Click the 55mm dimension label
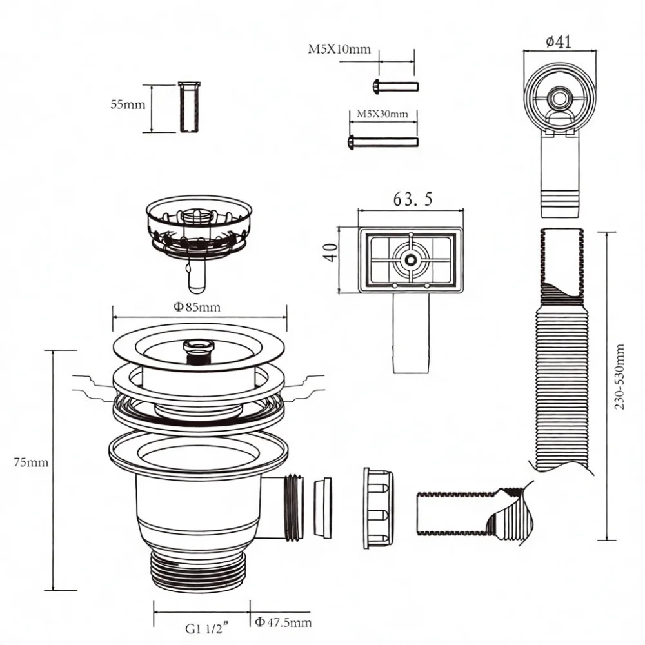(x=128, y=104)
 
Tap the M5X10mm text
(x=339, y=50)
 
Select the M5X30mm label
(x=382, y=114)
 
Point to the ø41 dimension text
(x=559, y=41)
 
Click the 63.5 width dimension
(x=413, y=199)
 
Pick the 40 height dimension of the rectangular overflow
(x=331, y=253)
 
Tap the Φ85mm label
(x=197, y=307)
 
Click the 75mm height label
(x=31, y=462)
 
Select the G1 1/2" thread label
(x=206, y=629)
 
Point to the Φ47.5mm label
(x=283, y=622)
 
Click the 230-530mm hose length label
(x=619, y=377)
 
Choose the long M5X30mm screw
(x=383, y=143)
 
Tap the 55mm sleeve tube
(x=190, y=107)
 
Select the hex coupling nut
(x=378, y=508)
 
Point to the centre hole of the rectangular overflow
(x=410, y=260)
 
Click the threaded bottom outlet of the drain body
(x=199, y=571)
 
